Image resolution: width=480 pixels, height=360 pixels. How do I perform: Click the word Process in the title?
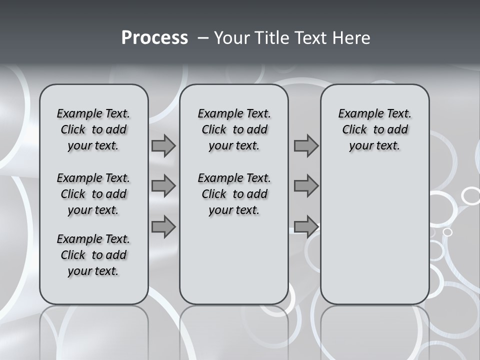tap(154, 37)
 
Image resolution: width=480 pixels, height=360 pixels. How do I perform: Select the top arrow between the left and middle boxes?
tap(163, 146)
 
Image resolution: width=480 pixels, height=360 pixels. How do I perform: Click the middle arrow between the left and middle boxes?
tap(163, 186)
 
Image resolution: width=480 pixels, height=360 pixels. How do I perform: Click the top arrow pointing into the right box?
tap(306, 146)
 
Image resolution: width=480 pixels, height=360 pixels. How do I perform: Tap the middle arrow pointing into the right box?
tap(306, 186)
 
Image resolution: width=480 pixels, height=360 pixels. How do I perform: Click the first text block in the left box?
tap(93, 129)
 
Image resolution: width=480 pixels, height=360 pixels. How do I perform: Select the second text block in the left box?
tap(93, 194)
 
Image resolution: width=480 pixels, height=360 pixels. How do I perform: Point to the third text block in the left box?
tap(93, 255)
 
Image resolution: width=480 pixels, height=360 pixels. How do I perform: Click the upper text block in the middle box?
tap(234, 129)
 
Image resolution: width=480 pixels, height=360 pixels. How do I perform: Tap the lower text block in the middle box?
tap(234, 194)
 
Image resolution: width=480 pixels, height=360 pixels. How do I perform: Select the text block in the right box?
tap(374, 129)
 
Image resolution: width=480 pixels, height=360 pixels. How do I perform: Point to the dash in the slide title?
tap(203, 37)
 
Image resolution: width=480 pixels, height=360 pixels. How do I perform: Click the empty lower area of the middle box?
tap(234, 260)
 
